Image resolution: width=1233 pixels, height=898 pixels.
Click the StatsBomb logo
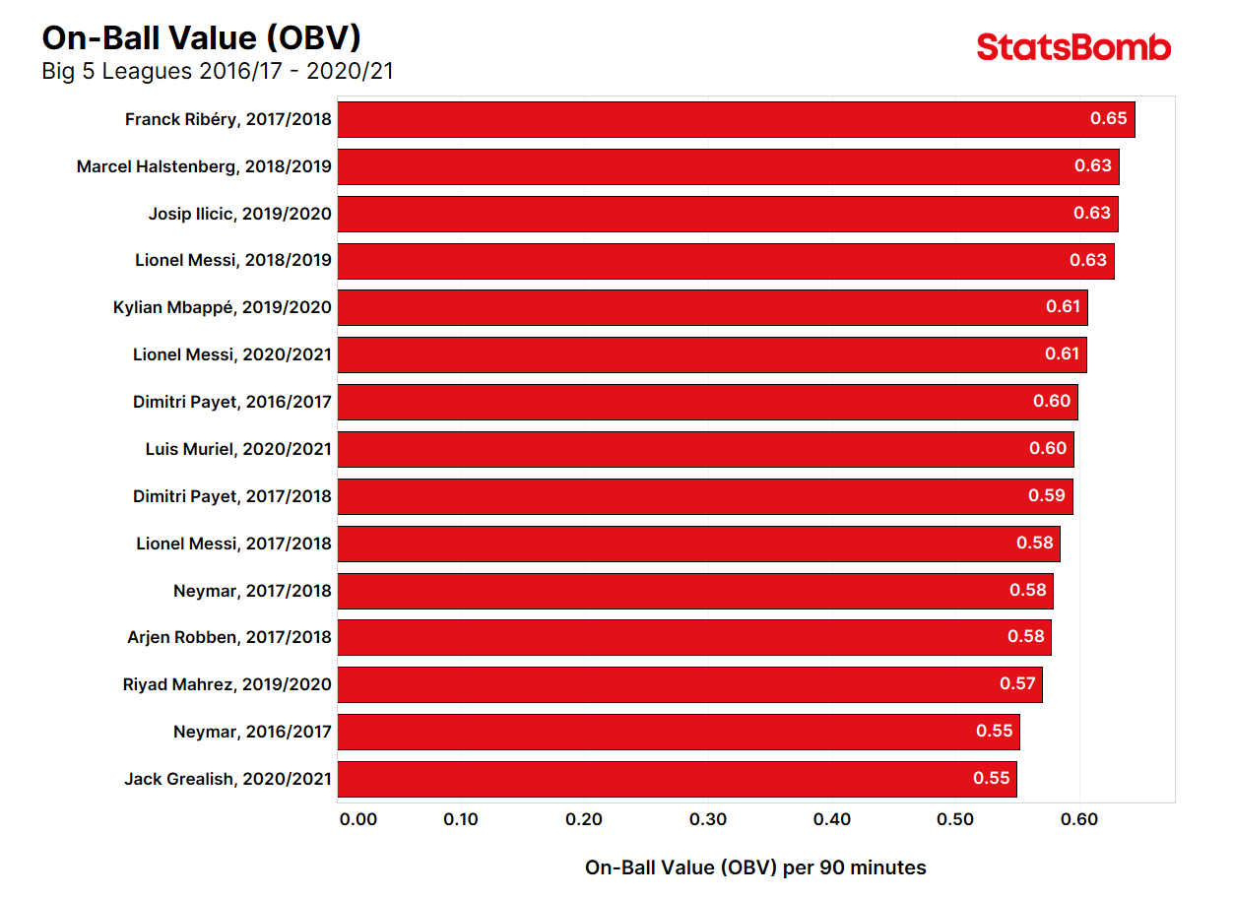pyautogui.click(x=1073, y=47)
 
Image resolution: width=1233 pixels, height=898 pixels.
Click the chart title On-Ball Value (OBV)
pyautogui.click(x=201, y=37)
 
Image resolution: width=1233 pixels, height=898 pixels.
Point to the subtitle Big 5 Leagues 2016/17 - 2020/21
pyautogui.click(x=218, y=71)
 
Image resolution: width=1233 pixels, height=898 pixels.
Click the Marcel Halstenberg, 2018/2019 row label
pyautogui.click(x=204, y=166)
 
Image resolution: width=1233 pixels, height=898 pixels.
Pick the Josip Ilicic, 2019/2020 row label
pyautogui.click(x=239, y=214)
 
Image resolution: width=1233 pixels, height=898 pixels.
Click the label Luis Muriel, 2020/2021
pyautogui.click(x=238, y=449)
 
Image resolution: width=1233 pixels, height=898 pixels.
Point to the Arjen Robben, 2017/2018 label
pyautogui.click(x=229, y=637)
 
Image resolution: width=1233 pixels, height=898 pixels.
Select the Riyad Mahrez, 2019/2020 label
pyautogui.click(x=227, y=684)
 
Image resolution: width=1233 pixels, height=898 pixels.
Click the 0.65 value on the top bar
pyautogui.click(x=1108, y=119)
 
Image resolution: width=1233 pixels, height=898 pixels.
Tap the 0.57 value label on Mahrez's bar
pyautogui.click(x=1017, y=684)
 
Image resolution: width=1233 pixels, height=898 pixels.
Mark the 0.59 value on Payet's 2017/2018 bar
pyautogui.click(x=1047, y=496)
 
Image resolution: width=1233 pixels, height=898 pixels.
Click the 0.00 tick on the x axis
pyautogui.click(x=357, y=819)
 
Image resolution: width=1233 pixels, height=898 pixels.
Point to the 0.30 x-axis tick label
pyautogui.click(x=708, y=819)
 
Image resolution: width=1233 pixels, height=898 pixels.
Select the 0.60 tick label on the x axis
pyautogui.click(x=1079, y=819)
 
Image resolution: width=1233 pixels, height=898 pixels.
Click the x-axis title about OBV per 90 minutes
pyautogui.click(x=755, y=867)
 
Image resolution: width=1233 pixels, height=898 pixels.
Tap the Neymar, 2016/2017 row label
pyautogui.click(x=252, y=732)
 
